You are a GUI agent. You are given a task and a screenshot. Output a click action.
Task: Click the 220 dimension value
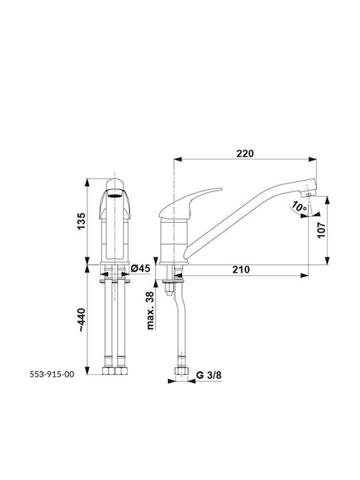[x=245, y=153]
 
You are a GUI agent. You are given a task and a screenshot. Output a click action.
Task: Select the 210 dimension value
[x=241, y=269]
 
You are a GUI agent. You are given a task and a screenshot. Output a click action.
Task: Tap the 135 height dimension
[x=81, y=221]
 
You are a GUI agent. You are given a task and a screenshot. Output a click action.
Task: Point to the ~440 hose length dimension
[x=82, y=319]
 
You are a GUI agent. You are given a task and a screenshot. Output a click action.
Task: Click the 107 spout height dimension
[x=321, y=230]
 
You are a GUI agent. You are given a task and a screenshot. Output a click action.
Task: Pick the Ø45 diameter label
[x=141, y=269]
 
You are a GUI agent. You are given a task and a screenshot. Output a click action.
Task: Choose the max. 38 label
[x=150, y=310]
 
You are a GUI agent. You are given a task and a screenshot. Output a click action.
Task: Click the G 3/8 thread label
[x=209, y=375]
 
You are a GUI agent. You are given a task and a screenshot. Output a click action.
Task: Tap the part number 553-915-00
[x=52, y=374]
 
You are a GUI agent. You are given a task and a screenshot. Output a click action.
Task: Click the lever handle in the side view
[x=191, y=203]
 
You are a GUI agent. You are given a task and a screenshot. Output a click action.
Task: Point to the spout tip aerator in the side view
[x=308, y=194]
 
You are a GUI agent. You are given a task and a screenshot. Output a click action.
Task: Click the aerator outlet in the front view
[x=115, y=195]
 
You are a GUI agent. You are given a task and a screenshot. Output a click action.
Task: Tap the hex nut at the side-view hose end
[x=180, y=371]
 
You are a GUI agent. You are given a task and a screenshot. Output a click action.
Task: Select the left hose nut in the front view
[x=108, y=371]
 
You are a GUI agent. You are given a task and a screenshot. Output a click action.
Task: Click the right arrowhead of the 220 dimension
[x=312, y=159]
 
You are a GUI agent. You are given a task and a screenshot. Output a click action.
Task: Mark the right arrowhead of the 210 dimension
[x=304, y=275]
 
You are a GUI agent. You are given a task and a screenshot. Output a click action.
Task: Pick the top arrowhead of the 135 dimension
[x=87, y=183]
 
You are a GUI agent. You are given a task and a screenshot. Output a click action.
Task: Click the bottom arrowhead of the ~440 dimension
[x=87, y=371]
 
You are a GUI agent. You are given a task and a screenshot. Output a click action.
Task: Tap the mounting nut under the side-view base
[x=169, y=288]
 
